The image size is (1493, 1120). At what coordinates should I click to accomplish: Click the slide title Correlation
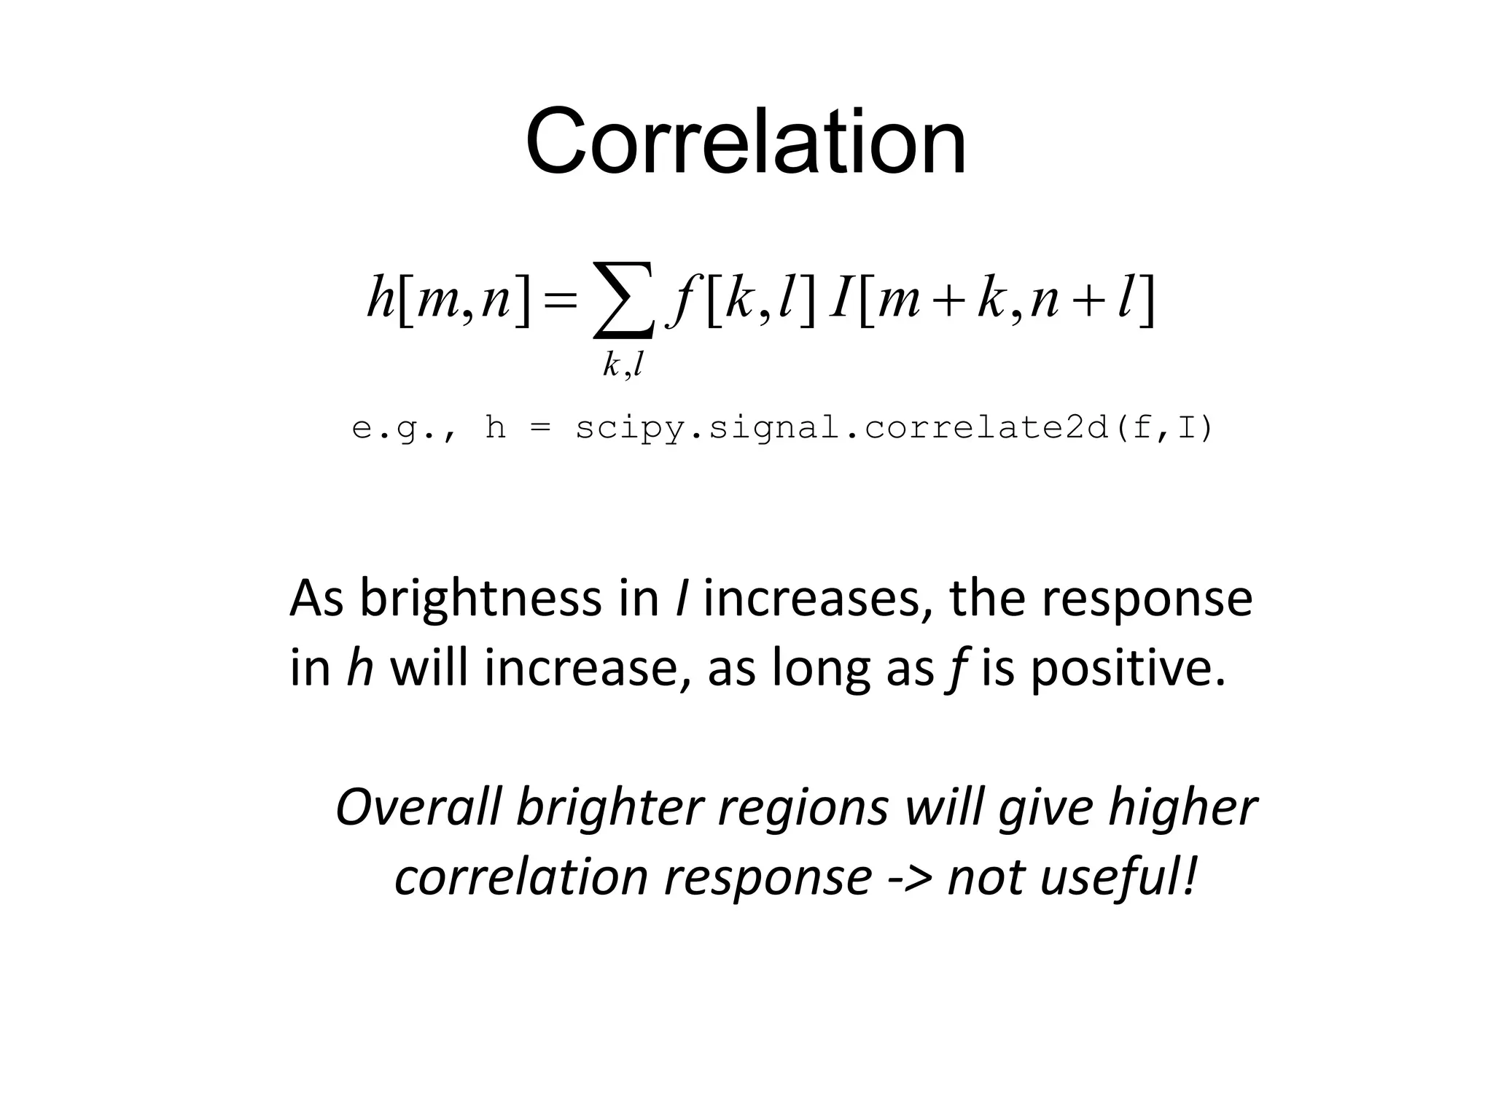pos(745,141)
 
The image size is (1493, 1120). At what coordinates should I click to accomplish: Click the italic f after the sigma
pos(683,300)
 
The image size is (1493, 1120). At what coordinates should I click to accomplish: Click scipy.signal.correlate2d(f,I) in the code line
pos(894,428)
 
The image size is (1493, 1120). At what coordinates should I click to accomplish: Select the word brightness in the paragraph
pos(480,598)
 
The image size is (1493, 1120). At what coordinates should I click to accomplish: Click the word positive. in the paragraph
pos(1129,668)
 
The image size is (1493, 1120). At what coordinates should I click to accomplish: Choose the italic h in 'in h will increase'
pos(360,666)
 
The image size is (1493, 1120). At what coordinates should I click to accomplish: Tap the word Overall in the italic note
pos(418,807)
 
